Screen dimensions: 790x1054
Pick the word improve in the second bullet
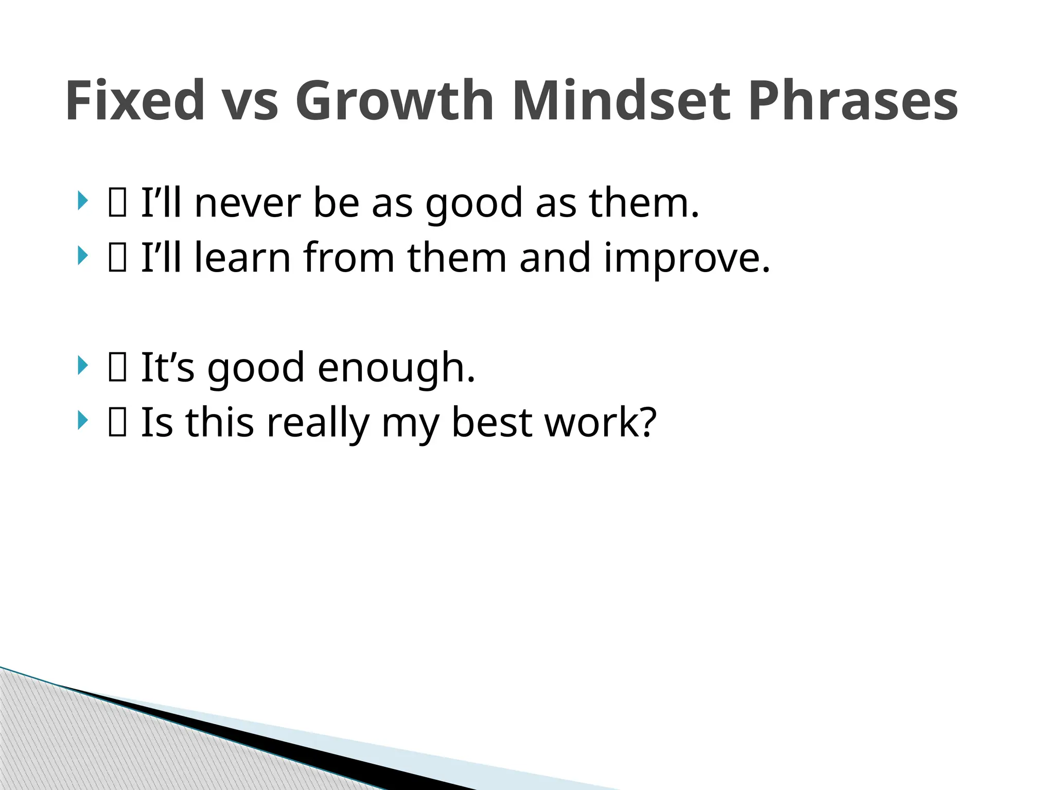pos(687,259)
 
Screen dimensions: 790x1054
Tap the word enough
pos(396,368)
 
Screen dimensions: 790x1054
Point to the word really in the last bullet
pos(318,423)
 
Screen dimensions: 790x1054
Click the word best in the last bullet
pos(491,422)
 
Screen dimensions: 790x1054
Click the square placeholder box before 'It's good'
pos(117,368)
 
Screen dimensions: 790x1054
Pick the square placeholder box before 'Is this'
pos(117,423)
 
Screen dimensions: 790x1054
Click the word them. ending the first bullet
pos(644,203)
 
